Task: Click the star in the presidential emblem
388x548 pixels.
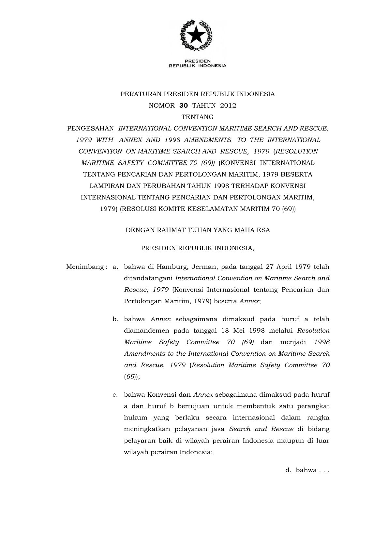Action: [197, 34]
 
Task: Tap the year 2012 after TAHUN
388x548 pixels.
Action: [228, 105]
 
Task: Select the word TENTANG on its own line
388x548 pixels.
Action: [198, 117]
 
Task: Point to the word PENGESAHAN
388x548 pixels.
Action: [90, 129]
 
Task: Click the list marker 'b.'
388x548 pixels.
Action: [115, 319]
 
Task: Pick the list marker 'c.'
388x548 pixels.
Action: [115, 395]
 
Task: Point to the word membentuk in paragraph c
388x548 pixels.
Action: [253, 406]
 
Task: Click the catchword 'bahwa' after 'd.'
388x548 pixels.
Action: [306, 470]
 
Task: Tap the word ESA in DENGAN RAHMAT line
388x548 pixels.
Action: [263, 230]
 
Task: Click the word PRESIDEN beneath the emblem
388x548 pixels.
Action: [198, 61]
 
